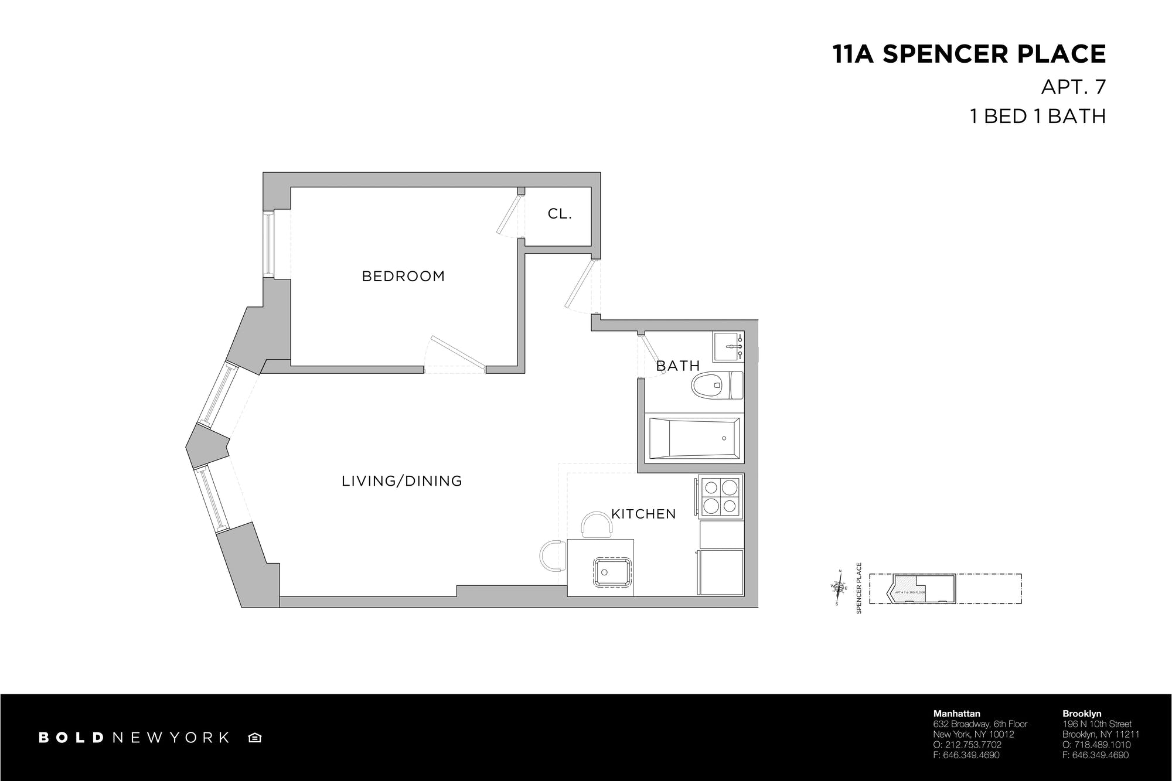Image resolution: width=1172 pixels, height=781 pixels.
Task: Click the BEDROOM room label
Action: [403, 276]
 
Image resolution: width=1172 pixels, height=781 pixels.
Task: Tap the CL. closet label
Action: [560, 214]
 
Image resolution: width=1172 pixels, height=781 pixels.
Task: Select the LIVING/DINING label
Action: [402, 481]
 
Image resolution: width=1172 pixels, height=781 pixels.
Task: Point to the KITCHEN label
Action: [643, 514]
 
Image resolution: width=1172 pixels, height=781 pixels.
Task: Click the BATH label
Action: [678, 366]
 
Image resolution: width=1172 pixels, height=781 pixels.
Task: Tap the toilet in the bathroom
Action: [716, 386]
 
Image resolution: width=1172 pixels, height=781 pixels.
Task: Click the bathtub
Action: [694, 438]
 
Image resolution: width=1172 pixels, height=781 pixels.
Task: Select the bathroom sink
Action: [728, 347]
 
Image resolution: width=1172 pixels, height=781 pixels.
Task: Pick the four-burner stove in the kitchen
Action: [720, 496]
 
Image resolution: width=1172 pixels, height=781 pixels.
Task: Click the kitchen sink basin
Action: [613, 571]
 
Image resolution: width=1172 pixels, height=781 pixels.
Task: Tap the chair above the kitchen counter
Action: [597, 524]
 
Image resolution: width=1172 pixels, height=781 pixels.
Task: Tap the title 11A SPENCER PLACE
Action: [969, 54]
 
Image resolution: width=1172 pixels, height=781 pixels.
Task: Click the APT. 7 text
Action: [1073, 87]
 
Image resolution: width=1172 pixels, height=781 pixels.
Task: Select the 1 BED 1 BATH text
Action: [1038, 116]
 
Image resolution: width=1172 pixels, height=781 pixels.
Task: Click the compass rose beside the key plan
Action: [839, 587]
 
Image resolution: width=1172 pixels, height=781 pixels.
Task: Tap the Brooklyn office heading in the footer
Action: [1081, 714]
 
